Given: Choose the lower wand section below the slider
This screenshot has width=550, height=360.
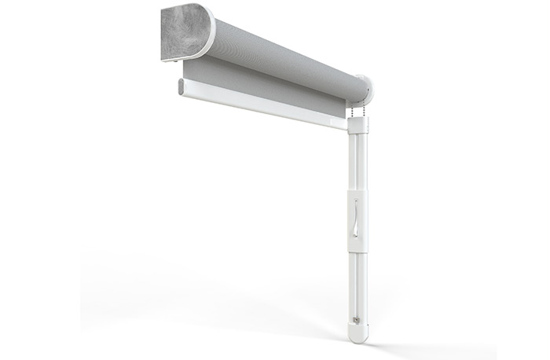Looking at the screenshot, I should (357, 291).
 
